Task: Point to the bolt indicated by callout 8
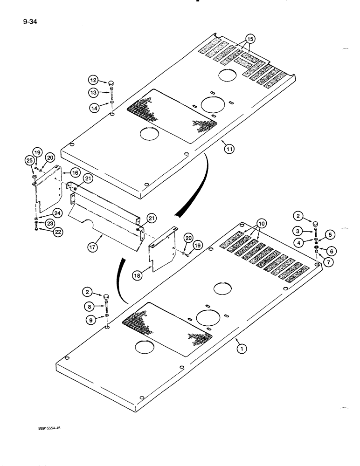pyautogui.click(x=107, y=307)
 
